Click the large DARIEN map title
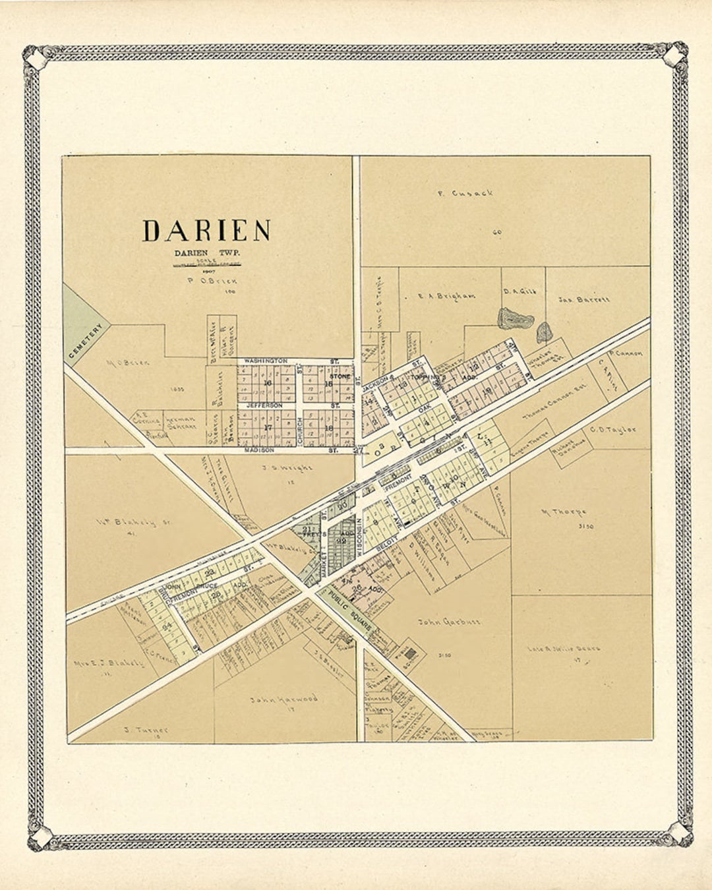click(206, 231)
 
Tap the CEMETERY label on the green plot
click(86, 341)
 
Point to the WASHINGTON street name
click(266, 361)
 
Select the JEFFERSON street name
click(265, 405)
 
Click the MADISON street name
click(258, 450)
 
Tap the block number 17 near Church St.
click(268, 427)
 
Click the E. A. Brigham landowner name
click(446, 296)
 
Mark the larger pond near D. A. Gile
click(515, 319)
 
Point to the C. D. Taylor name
click(613, 430)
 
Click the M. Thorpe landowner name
click(564, 512)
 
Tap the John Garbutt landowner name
click(449, 621)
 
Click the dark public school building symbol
click(411, 654)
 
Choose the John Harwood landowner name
click(283, 699)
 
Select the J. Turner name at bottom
click(146, 730)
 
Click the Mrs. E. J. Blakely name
click(109, 663)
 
